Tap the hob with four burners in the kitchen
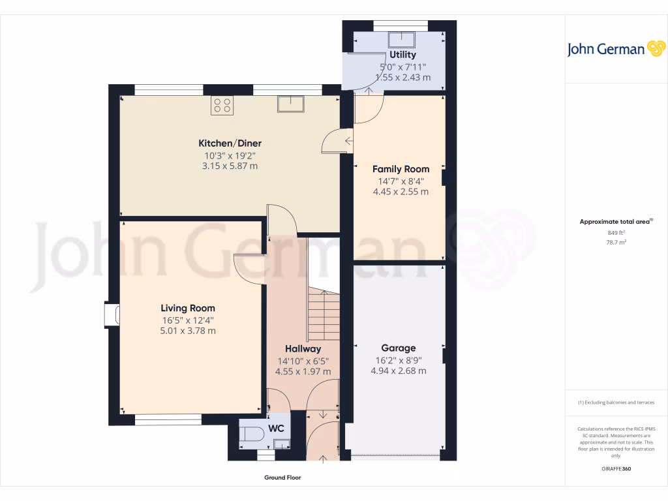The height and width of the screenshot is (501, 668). (222, 105)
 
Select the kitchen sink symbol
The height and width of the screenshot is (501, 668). (289, 104)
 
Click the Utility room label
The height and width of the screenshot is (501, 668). (402, 55)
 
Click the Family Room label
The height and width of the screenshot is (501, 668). (401, 169)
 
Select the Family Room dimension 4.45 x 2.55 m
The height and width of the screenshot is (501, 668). (401, 192)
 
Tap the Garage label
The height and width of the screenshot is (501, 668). (398, 348)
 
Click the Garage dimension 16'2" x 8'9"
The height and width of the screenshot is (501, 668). (398, 359)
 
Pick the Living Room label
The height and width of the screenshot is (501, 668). (188, 308)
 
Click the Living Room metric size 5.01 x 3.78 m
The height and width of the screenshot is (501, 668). (188, 331)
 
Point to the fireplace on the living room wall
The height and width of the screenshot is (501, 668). (110, 314)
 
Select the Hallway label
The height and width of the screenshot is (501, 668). (303, 349)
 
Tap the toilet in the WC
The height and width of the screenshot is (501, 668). (250, 431)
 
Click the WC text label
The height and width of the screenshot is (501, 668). (277, 429)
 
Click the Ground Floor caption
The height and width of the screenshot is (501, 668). (282, 478)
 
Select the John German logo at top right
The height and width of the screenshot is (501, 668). (615, 49)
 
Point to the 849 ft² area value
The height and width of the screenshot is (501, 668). (616, 232)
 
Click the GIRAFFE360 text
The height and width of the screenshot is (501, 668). (616, 469)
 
